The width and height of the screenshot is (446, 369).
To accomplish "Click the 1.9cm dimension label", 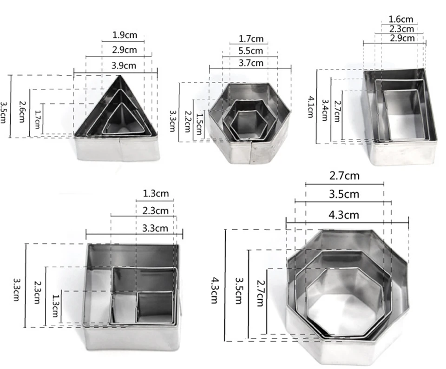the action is tap(125, 35).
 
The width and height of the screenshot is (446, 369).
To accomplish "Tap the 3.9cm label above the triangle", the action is tap(124, 66).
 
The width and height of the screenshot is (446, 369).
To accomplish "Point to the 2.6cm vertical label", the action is tap(22, 111).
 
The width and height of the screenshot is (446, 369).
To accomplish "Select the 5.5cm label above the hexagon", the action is tap(250, 51).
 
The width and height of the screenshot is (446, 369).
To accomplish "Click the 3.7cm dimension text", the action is tap(250, 63).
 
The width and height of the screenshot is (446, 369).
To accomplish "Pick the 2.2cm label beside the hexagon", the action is tap(187, 121).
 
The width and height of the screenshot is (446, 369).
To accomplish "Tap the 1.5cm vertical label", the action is tap(199, 124).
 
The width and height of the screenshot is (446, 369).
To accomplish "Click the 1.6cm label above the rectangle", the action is tap(401, 19).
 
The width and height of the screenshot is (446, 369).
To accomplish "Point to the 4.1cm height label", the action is tap(311, 107).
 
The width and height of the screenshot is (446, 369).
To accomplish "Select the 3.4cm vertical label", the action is tap(325, 110).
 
